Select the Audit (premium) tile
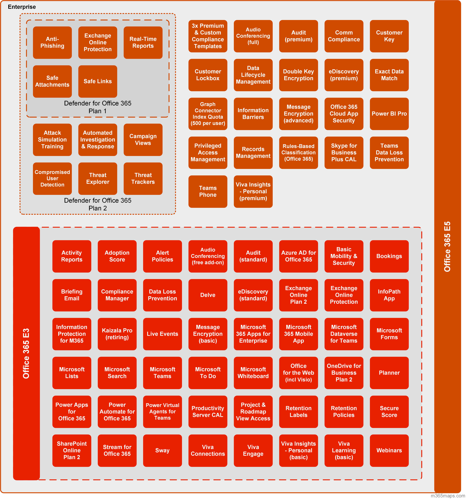click(x=299, y=36)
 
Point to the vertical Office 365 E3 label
click(x=26, y=353)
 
